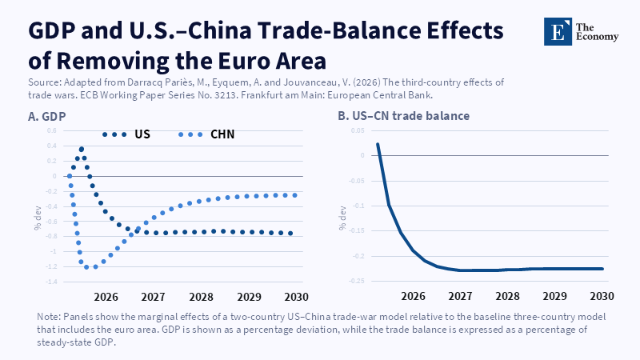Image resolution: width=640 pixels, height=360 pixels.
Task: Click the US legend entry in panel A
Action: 126,134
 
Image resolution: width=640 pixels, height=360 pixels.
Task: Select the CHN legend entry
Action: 206,134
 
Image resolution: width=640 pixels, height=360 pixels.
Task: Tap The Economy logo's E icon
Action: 558,31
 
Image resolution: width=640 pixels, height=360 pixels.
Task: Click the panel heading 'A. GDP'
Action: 46,117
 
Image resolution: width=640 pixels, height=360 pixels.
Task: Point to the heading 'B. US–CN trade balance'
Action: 404,116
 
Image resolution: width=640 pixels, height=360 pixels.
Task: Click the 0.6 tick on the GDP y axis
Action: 52,130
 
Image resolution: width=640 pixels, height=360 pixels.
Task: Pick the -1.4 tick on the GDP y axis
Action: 51,282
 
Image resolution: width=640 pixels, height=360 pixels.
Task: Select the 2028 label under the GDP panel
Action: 201,297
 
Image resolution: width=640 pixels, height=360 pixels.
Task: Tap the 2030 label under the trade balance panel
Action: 602,296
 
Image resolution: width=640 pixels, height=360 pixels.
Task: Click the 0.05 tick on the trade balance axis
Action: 358,130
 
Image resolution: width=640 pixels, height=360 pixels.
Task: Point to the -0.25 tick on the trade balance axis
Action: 357,282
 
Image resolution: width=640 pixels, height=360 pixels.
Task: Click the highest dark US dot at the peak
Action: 82,150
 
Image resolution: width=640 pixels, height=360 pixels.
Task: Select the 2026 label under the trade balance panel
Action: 413,296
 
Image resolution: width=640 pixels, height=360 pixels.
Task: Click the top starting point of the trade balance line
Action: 378,144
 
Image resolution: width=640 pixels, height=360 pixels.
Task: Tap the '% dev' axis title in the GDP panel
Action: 38,218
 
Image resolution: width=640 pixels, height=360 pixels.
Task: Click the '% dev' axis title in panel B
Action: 343,218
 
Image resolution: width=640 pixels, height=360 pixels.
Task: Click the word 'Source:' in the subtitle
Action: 44,82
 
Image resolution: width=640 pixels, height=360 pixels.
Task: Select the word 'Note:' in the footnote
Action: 49,317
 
